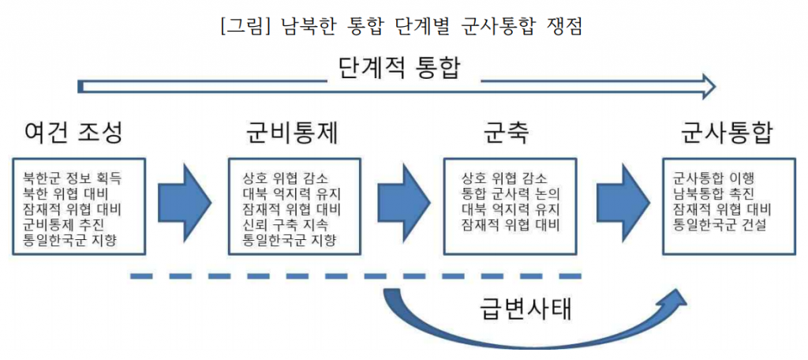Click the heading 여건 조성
point(73,133)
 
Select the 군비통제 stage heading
point(293,133)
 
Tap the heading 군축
point(506,133)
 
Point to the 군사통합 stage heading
point(726,133)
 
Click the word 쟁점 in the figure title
point(564,25)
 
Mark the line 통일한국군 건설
point(722,224)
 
